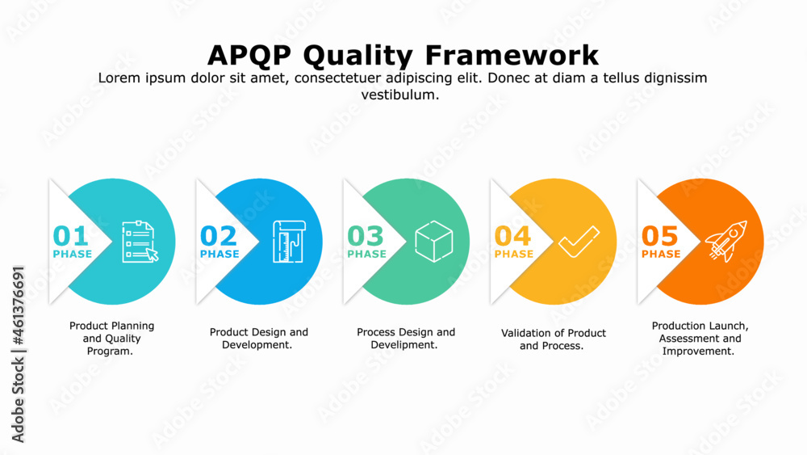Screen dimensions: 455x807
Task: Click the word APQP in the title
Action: (253, 55)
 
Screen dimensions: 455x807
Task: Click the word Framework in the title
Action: (512, 55)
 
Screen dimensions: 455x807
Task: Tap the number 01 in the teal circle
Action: (71, 236)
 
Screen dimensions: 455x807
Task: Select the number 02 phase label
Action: (219, 236)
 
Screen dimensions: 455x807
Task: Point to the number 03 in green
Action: (366, 236)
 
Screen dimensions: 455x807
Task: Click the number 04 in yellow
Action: (513, 236)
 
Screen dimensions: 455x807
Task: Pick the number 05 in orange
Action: (660, 236)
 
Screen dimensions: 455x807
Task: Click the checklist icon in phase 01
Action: (139, 241)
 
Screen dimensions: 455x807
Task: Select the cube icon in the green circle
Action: (433, 241)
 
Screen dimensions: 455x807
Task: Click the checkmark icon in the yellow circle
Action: (579, 241)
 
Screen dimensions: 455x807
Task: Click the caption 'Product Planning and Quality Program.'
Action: (111, 339)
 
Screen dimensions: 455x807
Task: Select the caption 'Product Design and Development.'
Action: (258, 339)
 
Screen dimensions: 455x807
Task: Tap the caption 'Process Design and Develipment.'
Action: (405, 339)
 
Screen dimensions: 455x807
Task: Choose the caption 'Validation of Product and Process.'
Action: (553, 339)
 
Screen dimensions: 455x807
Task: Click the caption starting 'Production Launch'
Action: (700, 339)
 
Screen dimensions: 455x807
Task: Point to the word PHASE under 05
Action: (661, 254)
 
